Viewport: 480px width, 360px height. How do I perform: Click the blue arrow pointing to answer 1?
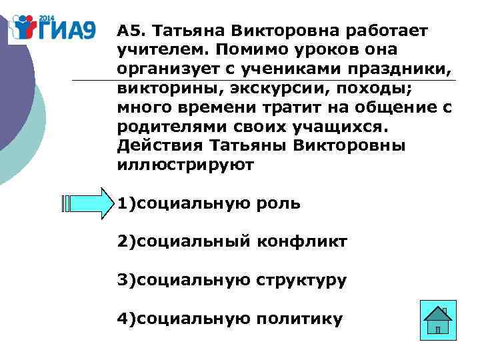(88, 203)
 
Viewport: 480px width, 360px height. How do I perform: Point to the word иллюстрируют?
(185, 165)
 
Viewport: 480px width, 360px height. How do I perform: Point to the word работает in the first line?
(389, 31)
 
